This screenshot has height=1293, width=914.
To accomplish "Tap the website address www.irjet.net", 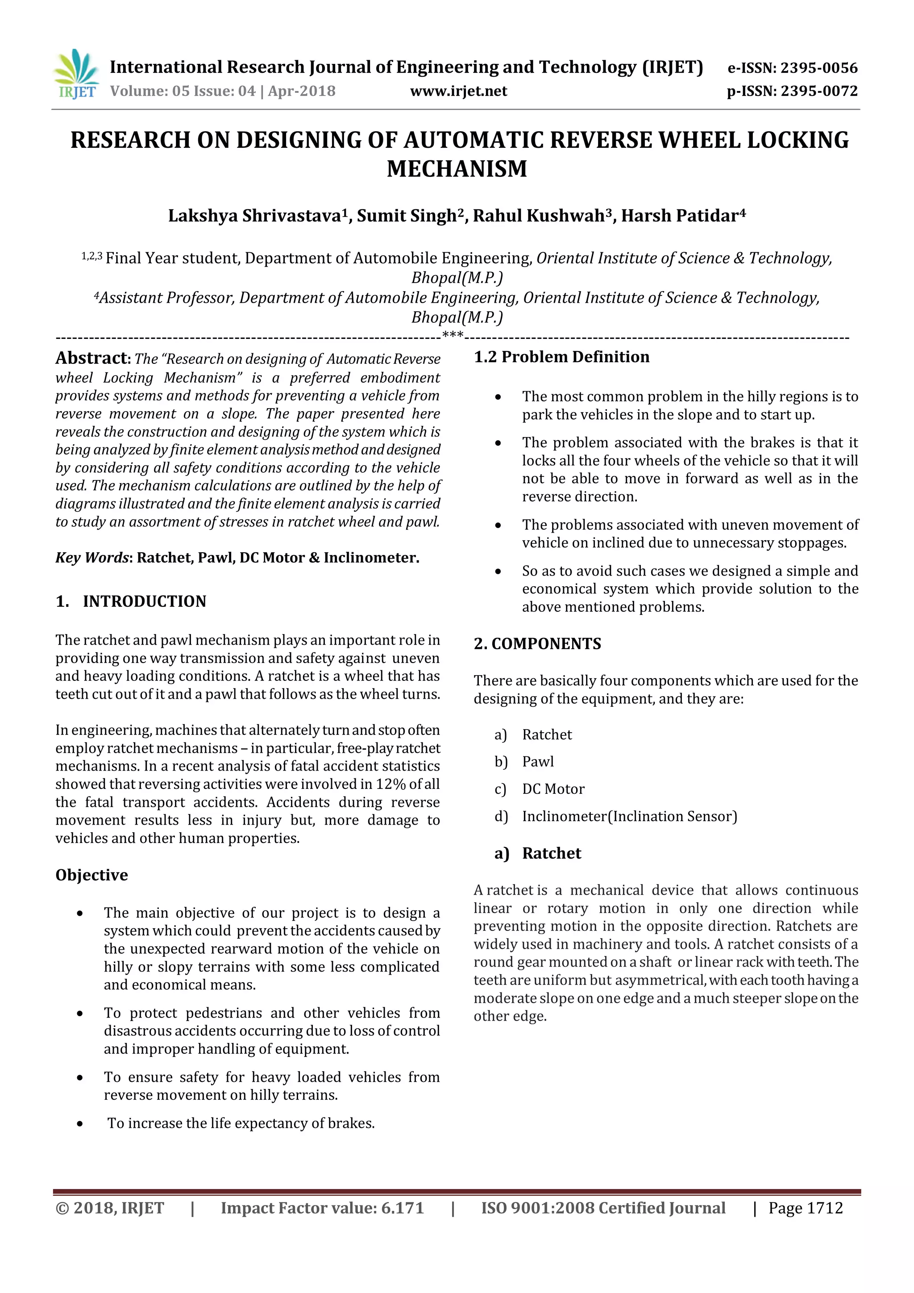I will tap(458, 91).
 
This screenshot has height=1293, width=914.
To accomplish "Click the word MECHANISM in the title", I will tap(457, 169).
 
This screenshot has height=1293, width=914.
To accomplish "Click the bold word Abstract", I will tap(92, 358).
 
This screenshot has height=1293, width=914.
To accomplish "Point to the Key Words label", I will tap(92, 558).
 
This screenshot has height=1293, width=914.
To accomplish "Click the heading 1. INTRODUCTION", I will tap(131, 601).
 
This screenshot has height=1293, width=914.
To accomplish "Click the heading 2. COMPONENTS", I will tap(537, 644).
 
